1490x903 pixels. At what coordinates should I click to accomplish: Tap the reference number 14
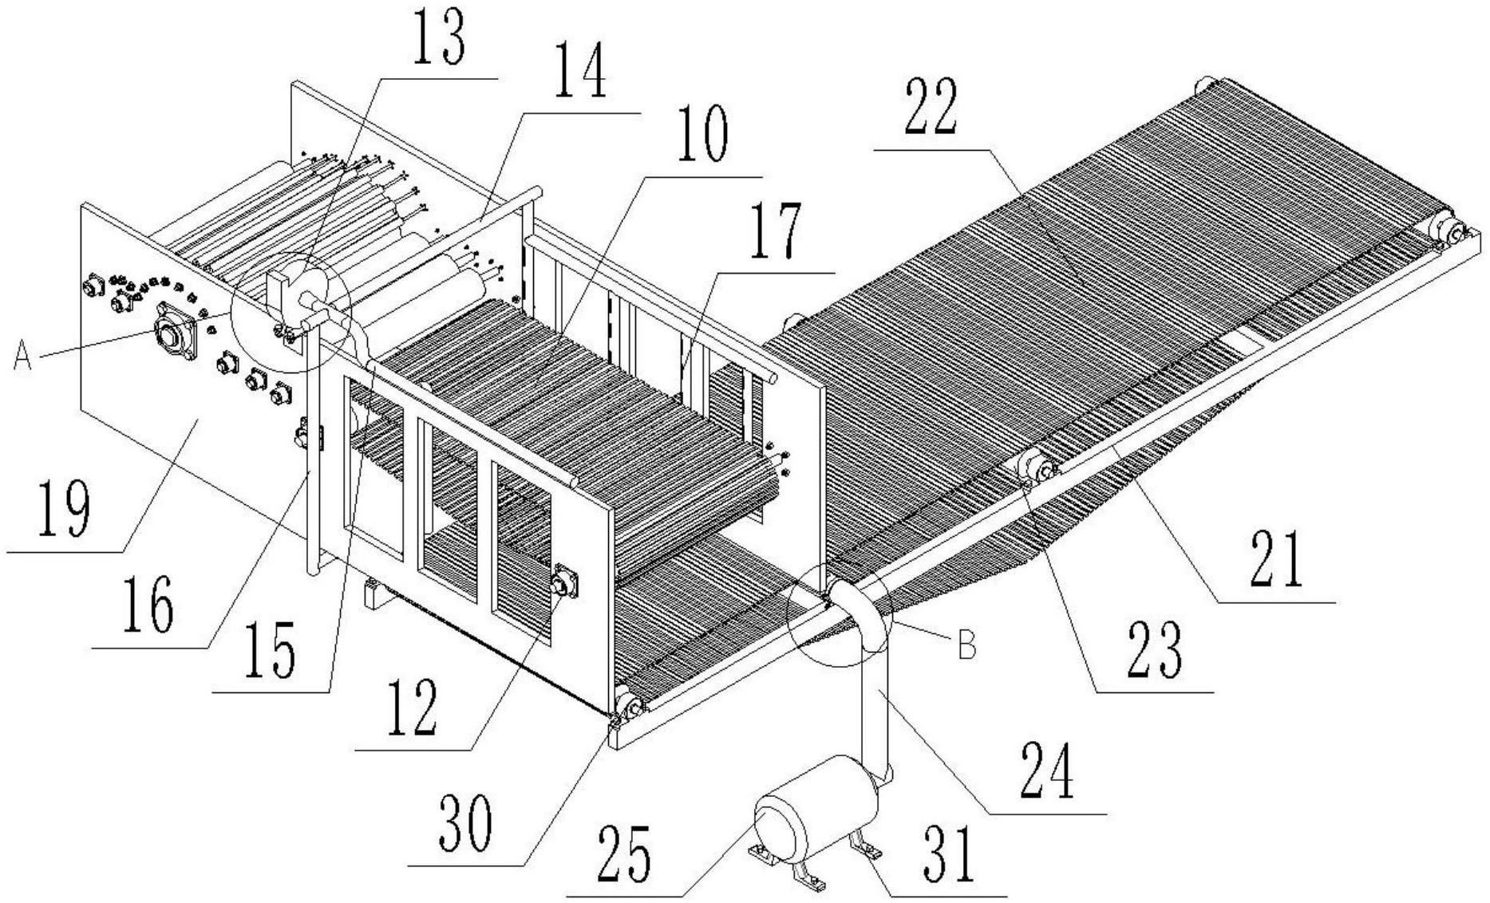point(579,72)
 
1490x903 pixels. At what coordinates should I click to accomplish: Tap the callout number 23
point(1155,649)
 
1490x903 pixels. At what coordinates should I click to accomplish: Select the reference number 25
point(623,854)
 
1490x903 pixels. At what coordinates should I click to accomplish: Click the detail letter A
point(22,359)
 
